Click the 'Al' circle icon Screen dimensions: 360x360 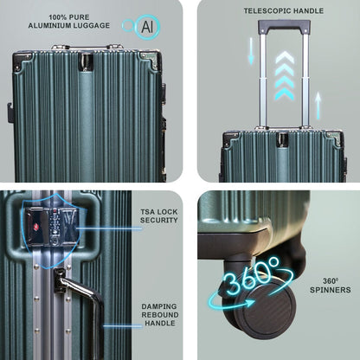[x=147, y=27]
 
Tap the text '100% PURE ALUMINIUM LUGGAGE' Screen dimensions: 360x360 [x=69, y=22]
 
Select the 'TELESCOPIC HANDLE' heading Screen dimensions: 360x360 [x=284, y=11]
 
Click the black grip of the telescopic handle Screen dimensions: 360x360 [x=284, y=25]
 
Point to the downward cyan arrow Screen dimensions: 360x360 [x=251, y=51]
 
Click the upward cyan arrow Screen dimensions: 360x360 [x=318, y=106]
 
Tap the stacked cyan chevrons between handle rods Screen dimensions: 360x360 [x=285, y=76]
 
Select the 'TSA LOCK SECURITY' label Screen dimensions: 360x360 [x=159, y=215]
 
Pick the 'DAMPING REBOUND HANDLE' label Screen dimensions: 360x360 [x=160, y=315]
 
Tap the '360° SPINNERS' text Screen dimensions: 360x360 [x=331, y=286]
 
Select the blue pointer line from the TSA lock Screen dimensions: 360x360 [x=109, y=228]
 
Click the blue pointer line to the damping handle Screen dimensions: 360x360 [x=123, y=326]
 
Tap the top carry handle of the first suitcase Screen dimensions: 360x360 [x=87, y=47]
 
